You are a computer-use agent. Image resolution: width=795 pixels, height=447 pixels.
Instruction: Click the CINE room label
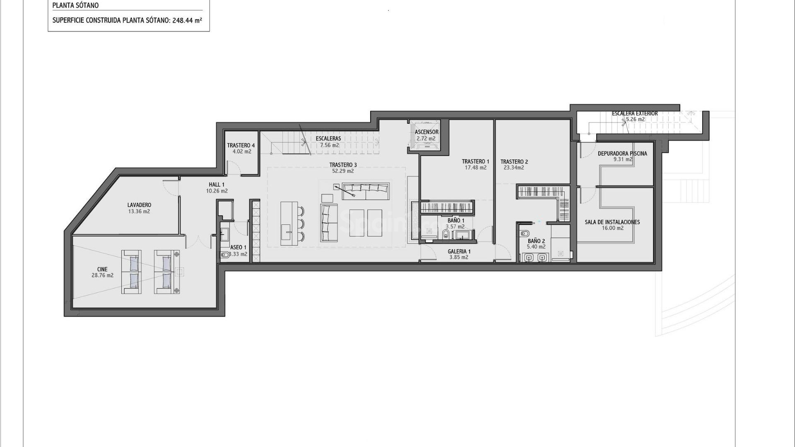[102, 269]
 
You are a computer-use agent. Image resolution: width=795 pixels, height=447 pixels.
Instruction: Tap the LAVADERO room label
[139, 205]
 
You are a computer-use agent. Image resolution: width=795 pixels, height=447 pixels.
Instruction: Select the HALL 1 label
[217, 185]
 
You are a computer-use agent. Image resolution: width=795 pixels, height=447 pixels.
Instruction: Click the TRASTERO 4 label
[241, 145]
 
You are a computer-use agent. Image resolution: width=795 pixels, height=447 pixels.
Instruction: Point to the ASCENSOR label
[426, 132]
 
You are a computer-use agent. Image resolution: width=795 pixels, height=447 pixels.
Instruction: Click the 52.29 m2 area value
[343, 171]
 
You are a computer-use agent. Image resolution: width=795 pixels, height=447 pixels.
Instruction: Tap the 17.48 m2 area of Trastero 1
[475, 168]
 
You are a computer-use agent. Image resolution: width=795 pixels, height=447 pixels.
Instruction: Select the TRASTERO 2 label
[514, 162]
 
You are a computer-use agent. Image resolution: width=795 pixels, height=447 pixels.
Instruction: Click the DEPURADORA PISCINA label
[622, 154]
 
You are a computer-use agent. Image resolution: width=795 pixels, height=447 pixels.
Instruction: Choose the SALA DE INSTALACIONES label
[612, 222]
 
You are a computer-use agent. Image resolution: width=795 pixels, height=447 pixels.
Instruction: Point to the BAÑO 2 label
[536, 241]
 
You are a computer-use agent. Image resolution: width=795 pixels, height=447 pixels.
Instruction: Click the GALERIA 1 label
[459, 251]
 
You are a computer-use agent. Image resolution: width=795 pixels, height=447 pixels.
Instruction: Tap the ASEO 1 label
[238, 248]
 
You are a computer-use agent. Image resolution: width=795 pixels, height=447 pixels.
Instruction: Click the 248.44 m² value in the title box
[187, 20]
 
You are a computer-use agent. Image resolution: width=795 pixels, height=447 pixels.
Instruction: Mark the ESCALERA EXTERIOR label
[635, 113]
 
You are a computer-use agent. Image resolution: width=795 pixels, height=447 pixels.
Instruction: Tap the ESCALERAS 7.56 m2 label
[328, 142]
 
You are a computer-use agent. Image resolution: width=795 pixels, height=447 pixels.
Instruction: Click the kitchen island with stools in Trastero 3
[289, 223]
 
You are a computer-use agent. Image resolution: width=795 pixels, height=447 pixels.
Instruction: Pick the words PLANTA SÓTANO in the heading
[75, 6]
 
